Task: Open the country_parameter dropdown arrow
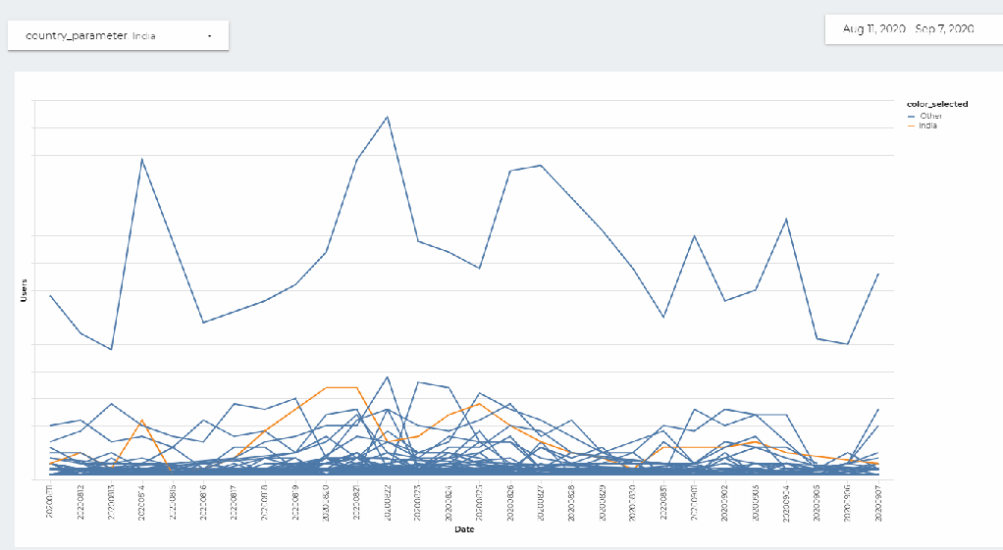210,36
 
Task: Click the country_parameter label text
76,35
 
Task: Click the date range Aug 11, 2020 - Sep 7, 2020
908,29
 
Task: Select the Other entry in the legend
930,116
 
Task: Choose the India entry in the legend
927,125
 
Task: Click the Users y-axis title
23,290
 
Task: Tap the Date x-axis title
464,530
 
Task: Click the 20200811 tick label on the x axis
50,500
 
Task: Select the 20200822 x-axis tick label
388,500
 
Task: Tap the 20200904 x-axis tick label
786,500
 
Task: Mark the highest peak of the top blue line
388,117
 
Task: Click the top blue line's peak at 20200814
142,159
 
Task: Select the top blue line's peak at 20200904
786,219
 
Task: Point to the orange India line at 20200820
326,387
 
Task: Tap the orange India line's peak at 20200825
479,403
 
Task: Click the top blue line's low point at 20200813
111,349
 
